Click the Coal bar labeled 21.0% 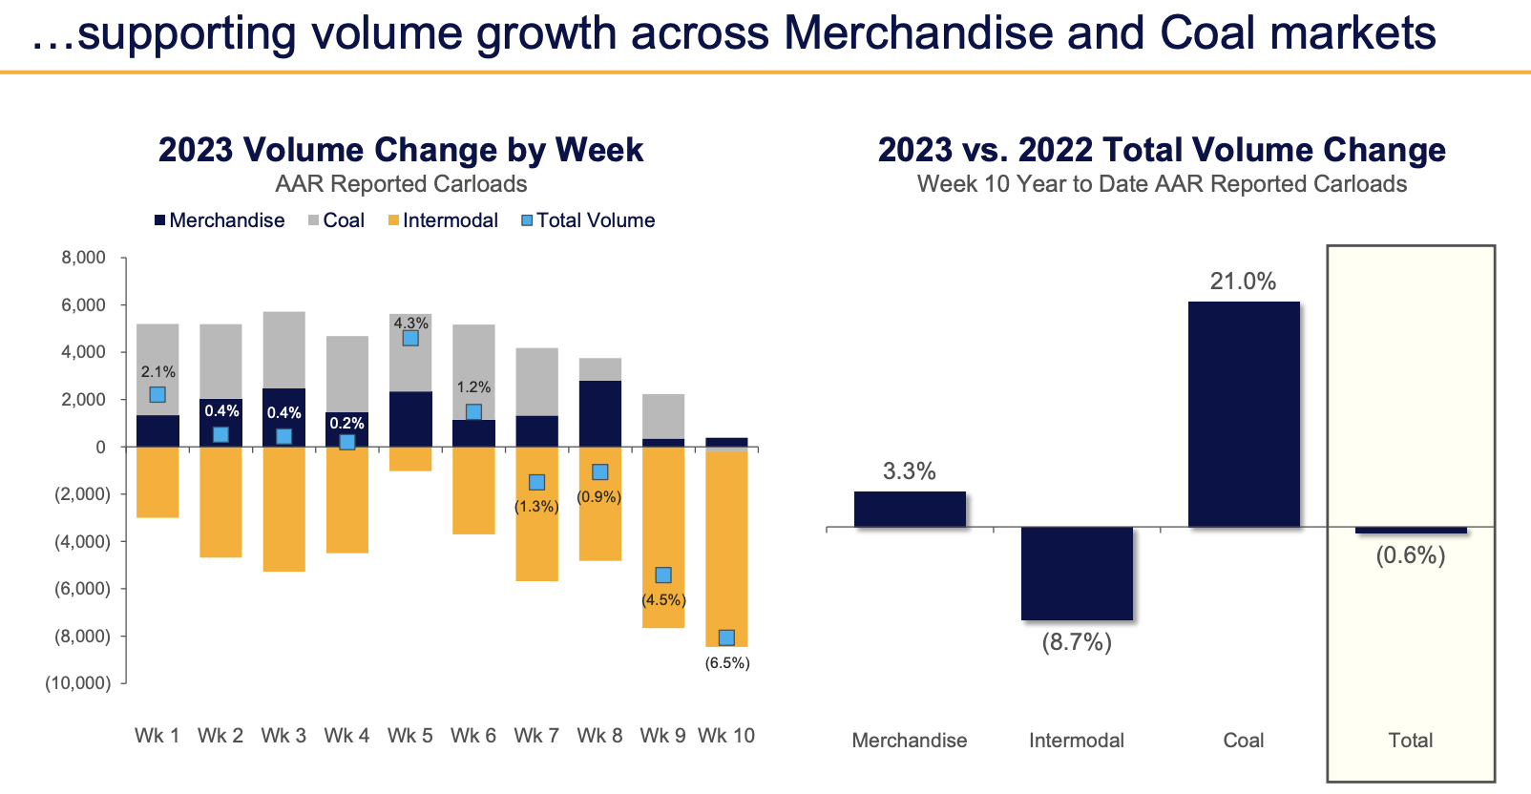click(x=1243, y=413)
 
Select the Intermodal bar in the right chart click(x=1077, y=573)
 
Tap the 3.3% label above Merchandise click(x=909, y=471)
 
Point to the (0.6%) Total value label click(x=1410, y=555)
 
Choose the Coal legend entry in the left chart click(x=336, y=220)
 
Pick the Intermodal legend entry click(x=443, y=220)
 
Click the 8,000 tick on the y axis click(x=84, y=258)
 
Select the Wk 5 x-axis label click(x=409, y=736)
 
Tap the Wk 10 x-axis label click(x=726, y=736)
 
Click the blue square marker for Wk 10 click(x=726, y=637)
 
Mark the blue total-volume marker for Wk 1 click(x=157, y=395)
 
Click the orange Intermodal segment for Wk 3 click(x=283, y=509)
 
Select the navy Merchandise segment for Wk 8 click(x=599, y=413)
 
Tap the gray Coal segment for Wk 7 click(x=536, y=382)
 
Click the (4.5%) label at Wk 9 click(x=663, y=600)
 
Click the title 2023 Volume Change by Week click(x=401, y=150)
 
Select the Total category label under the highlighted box click(x=1410, y=741)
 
